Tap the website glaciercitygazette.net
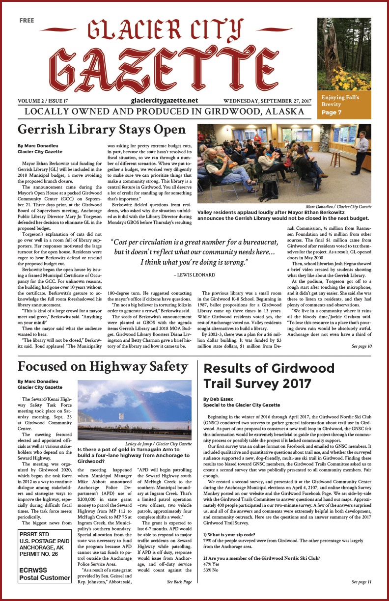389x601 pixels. pyautogui.click(x=165, y=100)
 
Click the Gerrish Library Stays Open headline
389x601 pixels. pyautogui.click(x=102, y=130)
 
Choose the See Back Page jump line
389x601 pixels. pyautogui.click(x=179, y=582)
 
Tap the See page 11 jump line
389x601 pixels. pyautogui.click(x=361, y=582)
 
